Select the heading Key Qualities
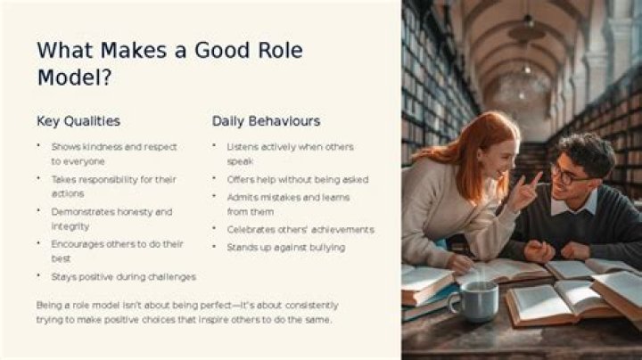tap(78, 121)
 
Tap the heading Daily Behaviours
tap(266, 121)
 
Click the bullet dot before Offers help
tap(214, 178)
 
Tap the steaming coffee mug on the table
tap(475, 300)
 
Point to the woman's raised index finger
tap(535, 180)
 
